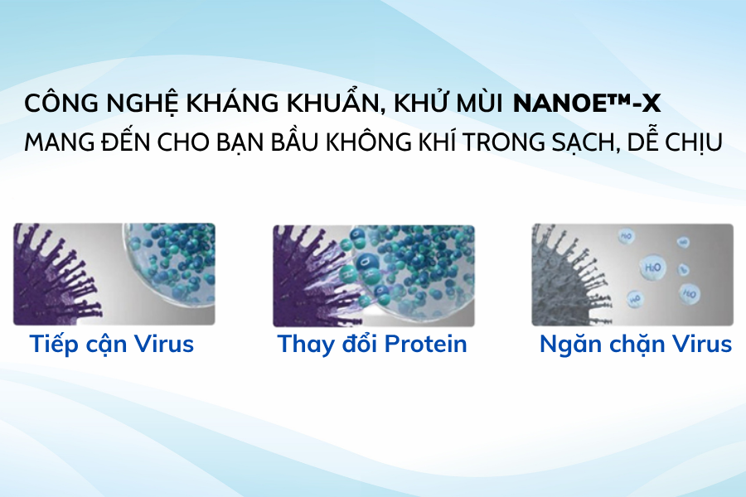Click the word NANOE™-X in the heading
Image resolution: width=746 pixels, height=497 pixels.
pos(587,105)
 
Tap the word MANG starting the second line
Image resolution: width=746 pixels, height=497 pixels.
pos(59,142)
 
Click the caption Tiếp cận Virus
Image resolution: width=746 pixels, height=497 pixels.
pos(112,344)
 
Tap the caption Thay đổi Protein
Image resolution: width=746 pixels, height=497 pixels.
pos(372,344)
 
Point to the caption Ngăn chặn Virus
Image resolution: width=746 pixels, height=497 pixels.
pos(635,344)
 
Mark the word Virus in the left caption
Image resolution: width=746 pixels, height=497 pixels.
pos(164,344)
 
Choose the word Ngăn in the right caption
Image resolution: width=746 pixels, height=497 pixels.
pos(568,344)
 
